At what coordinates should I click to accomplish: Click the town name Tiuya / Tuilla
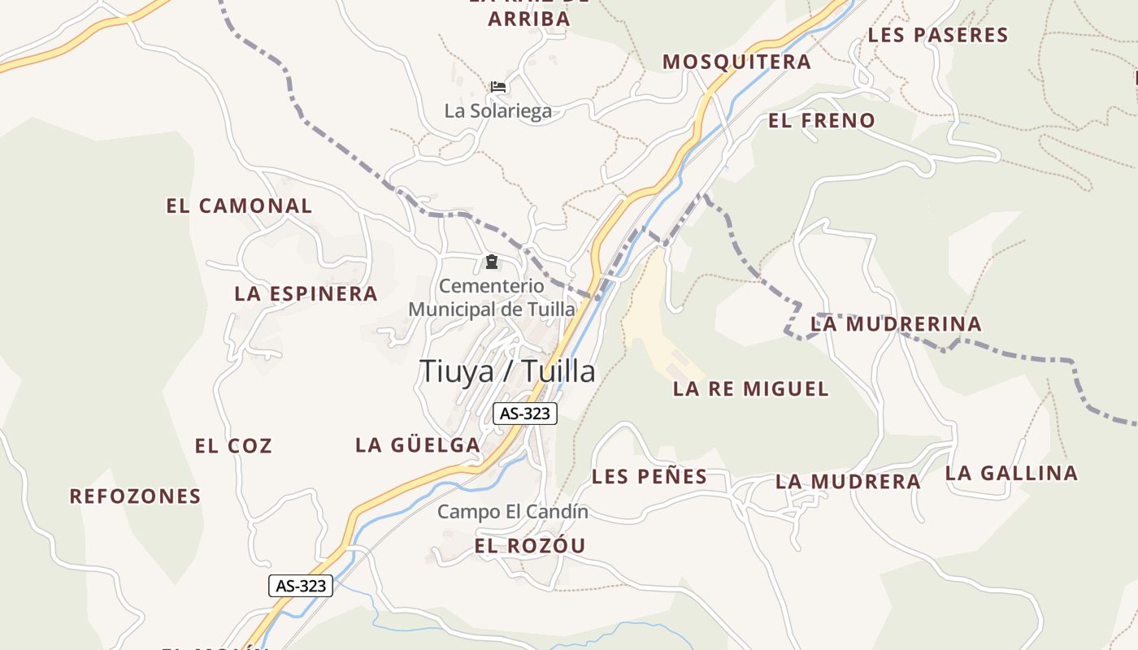click(x=507, y=371)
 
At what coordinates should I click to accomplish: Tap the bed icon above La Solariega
click(x=498, y=86)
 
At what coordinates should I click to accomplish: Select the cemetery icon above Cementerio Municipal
click(x=491, y=262)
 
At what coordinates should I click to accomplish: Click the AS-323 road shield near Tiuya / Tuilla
click(x=525, y=414)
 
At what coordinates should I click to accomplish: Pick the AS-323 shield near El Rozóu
click(x=301, y=585)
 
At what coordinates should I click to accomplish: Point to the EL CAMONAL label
click(x=239, y=206)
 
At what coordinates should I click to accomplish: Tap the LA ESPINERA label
click(x=306, y=294)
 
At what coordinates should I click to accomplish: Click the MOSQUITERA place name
click(x=736, y=62)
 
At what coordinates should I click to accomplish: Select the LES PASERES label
click(x=938, y=35)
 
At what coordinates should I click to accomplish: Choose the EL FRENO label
click(x=822, y=121)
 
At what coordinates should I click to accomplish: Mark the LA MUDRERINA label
click(x=896, y=324)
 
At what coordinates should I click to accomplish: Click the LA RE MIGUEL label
click(x=751, y=389)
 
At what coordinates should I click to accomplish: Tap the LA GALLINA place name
click(x=1011, y=473)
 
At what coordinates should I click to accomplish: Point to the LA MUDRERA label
click(x=848, y=482)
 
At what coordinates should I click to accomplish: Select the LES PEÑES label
click(x=649, y=477)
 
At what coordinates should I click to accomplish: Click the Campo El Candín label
click(x=512, y=512)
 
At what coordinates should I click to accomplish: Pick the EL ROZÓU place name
click(x=529, y=546)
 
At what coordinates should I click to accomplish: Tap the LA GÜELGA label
click(x=418, y=445)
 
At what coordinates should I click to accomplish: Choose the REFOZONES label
click(x=135, y=496)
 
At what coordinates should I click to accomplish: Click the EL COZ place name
click(x=233, y=446)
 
